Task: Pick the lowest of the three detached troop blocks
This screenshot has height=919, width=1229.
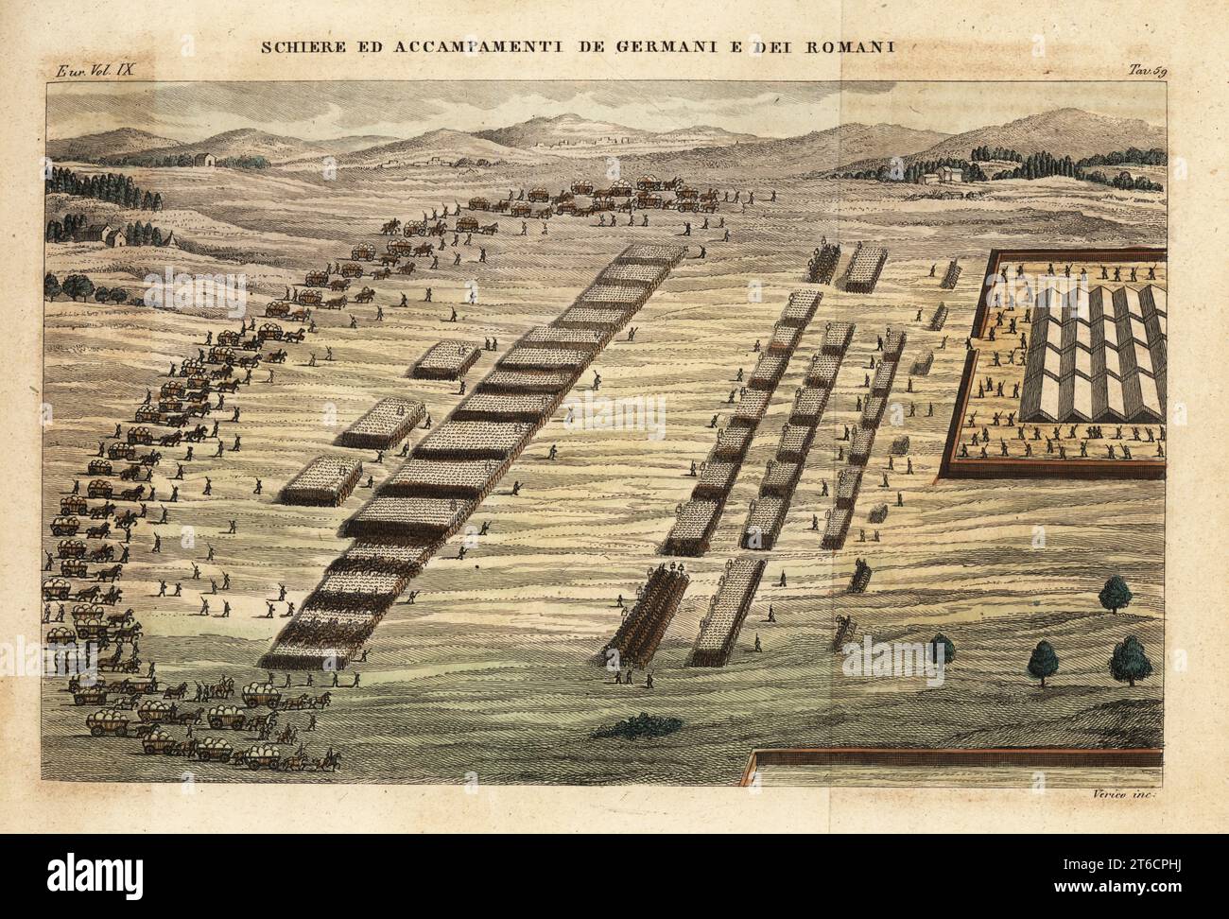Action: click(x=317, y=484)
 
